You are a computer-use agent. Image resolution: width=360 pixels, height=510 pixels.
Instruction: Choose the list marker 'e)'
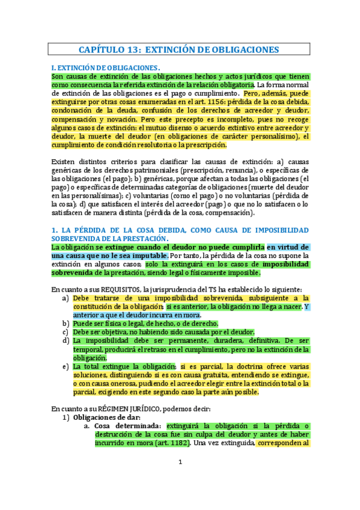pos(65,366)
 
